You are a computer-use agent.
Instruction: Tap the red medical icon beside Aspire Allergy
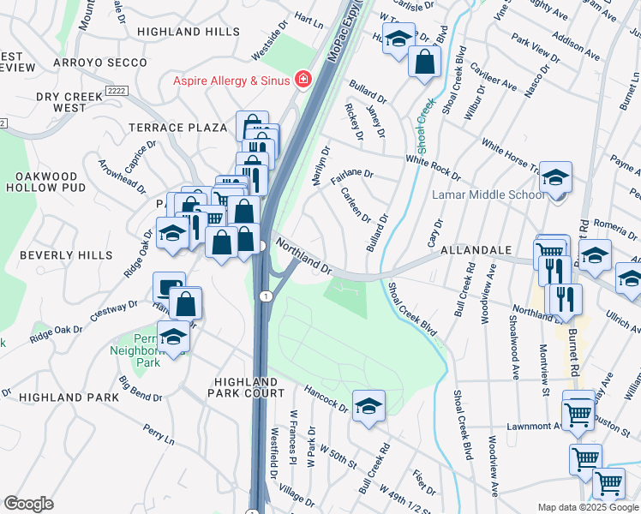pyautogui.click(x=303, y=80)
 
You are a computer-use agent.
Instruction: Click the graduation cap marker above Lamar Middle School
pyautogui.click(x=556, y=178)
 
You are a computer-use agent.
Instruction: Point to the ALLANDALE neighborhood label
pyautogui.click(x=476, y=250)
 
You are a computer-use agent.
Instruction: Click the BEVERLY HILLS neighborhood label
pyautogui.click(x=66, y=255)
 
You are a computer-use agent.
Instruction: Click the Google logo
pyautogui.click(x=28, y=504)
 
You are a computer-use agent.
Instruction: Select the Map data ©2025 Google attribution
pyautogui.click(x=587, y=507)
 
